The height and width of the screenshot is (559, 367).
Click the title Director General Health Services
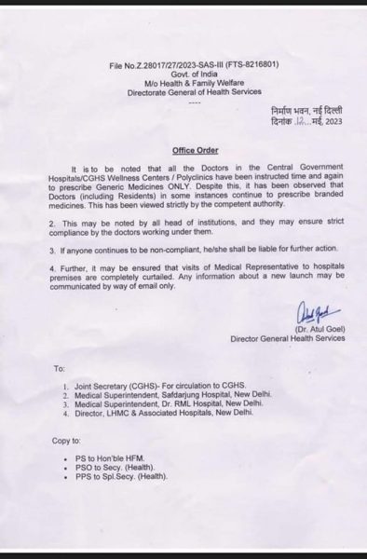coord(287,340)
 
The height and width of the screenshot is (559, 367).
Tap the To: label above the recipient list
coord(60,369)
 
